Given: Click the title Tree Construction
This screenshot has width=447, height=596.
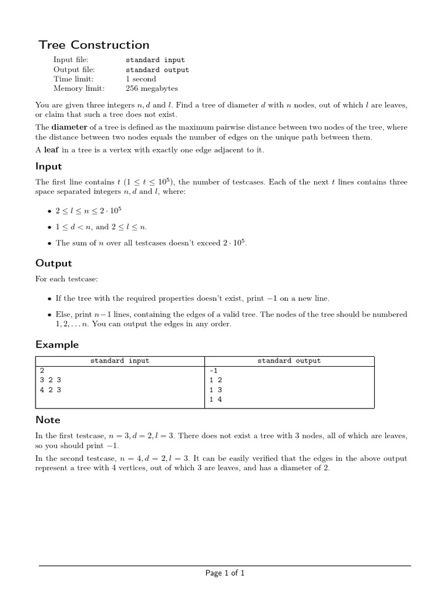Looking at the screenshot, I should [94, 45].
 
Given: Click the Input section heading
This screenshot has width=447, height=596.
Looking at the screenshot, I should [48, 166].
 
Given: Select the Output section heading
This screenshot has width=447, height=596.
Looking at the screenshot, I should [54, 263].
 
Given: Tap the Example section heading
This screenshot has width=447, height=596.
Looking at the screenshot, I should [57, 345].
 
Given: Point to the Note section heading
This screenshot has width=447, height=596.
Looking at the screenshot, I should [48, 420].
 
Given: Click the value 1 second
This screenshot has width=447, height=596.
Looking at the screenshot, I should [141, 79].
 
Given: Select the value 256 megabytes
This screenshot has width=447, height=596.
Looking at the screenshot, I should [152, 88].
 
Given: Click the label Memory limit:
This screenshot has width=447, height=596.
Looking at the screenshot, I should [79, 88].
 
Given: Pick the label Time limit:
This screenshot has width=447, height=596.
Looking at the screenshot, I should [73, 79].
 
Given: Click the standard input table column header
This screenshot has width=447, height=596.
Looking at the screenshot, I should [119, 361].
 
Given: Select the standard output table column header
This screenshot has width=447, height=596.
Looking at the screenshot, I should [289, 361].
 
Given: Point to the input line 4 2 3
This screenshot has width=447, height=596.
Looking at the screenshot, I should [50, 390].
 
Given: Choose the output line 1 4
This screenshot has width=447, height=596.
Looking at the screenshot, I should [215, 399].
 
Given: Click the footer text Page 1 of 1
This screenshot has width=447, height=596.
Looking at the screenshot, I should [225, 573].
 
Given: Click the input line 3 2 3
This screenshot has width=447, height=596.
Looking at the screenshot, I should [50, 380].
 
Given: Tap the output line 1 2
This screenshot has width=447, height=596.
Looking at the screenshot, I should [215, 380].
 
